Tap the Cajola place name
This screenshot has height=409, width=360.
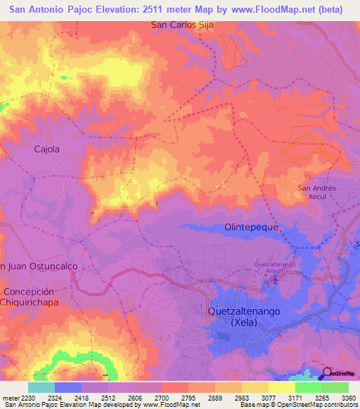(x=47, y=149)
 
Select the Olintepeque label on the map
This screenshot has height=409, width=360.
(x=252, y=228)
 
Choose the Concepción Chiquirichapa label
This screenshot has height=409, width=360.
(x=29, y=297)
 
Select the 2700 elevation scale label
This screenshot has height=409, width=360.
(x=170, y=397)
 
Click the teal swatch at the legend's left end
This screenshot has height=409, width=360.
(x=41, y=387)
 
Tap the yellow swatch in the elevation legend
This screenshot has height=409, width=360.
(x=281, y=387)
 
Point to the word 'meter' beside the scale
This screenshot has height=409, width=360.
(x=10, y=397)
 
